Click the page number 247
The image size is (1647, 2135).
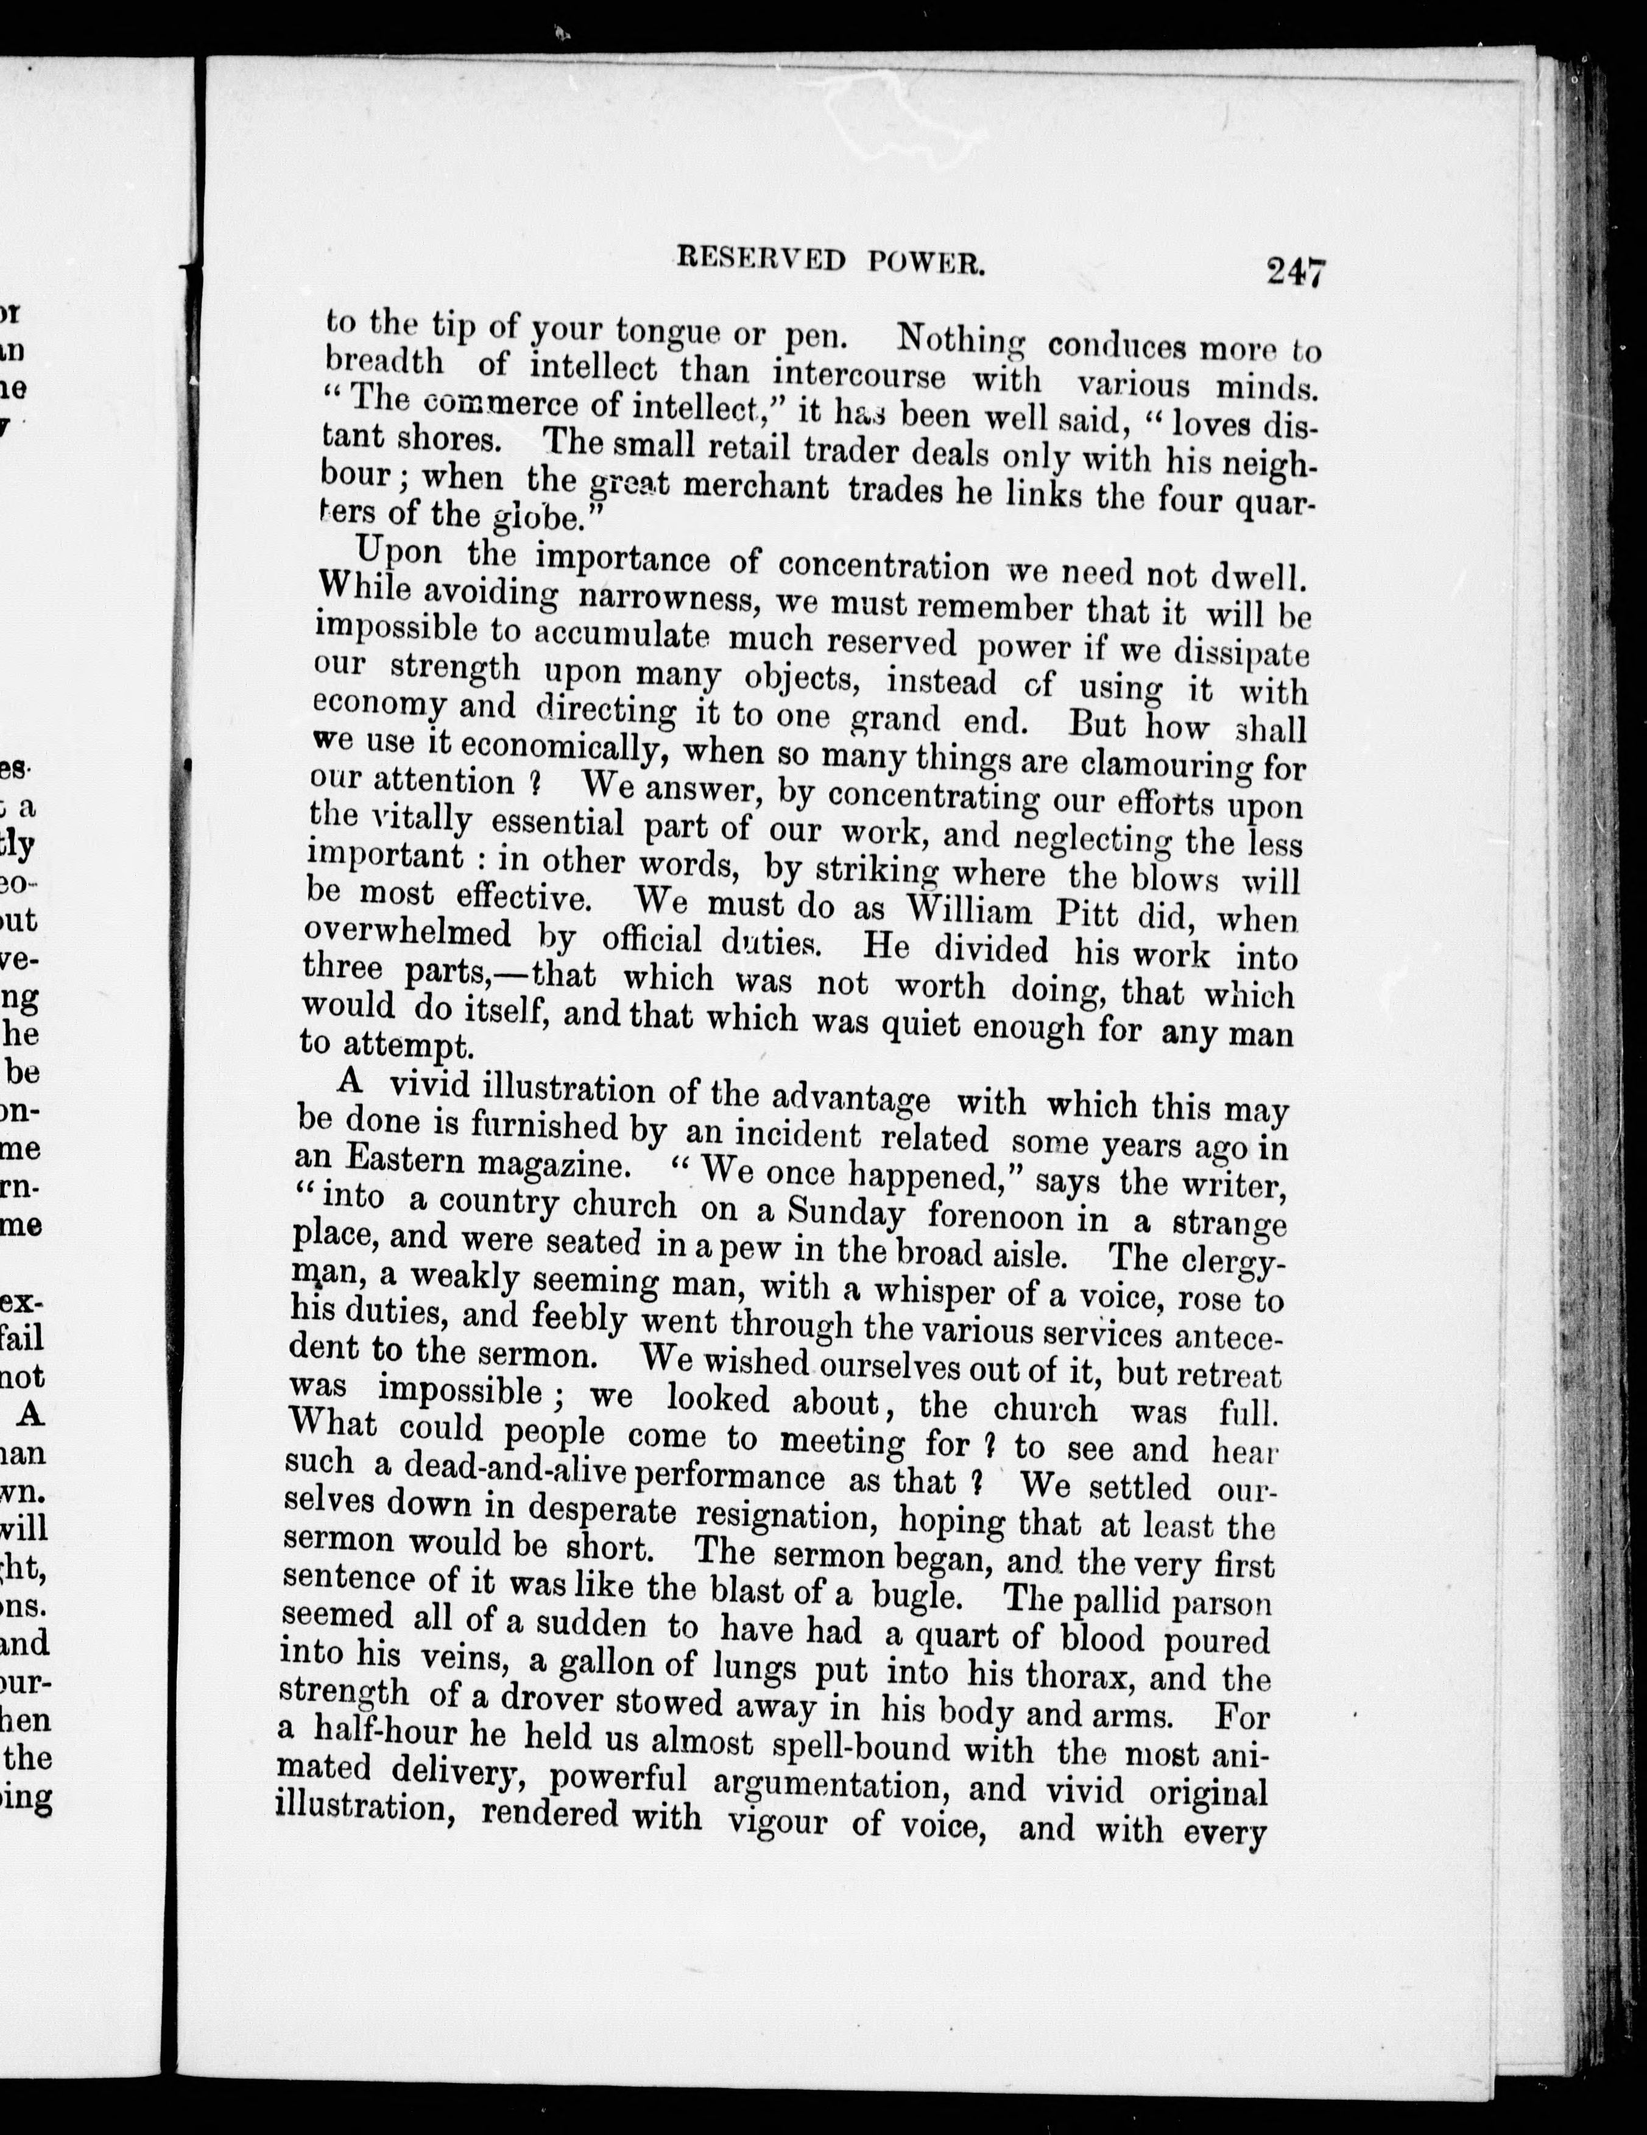[1295, 271]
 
